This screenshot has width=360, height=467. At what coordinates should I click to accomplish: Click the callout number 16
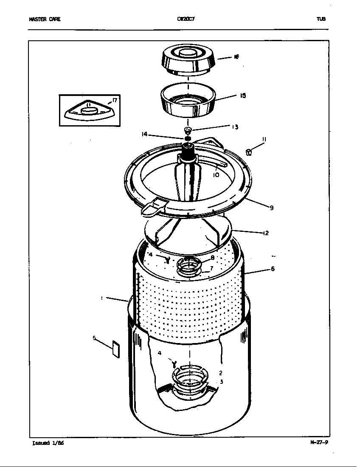pyautogui.click(x=236, y=56)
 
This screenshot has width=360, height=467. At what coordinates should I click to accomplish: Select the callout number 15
pyautogui.click(x=242, y=96)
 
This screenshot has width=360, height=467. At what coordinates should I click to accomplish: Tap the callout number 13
pyautogui.click(x=235, y=127)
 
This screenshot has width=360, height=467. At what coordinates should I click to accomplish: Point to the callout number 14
pyautogui.click(x=144, y=134)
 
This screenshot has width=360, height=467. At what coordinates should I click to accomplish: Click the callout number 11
pyautogui.click(x=264, y=139)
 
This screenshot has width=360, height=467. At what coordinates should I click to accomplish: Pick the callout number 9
pyautogui.click(x=271, y=208)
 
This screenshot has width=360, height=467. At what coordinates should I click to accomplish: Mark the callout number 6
pyautogui.click(x=273, y=269)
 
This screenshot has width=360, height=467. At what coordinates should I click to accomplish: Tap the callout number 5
pyautogui.click(x=94, y=338)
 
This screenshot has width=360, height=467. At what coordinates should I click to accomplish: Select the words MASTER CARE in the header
pyautogui.click(x=45, y=19)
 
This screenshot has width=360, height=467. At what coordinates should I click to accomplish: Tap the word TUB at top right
pyautogui.click(x=321, y=19)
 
